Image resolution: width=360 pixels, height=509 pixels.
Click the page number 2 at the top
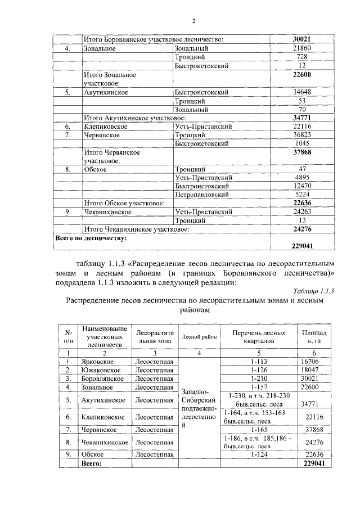[x=193, y=22]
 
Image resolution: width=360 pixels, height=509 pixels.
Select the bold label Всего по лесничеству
[x=91, y=238]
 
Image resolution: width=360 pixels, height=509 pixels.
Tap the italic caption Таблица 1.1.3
[x=314, y=290]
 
